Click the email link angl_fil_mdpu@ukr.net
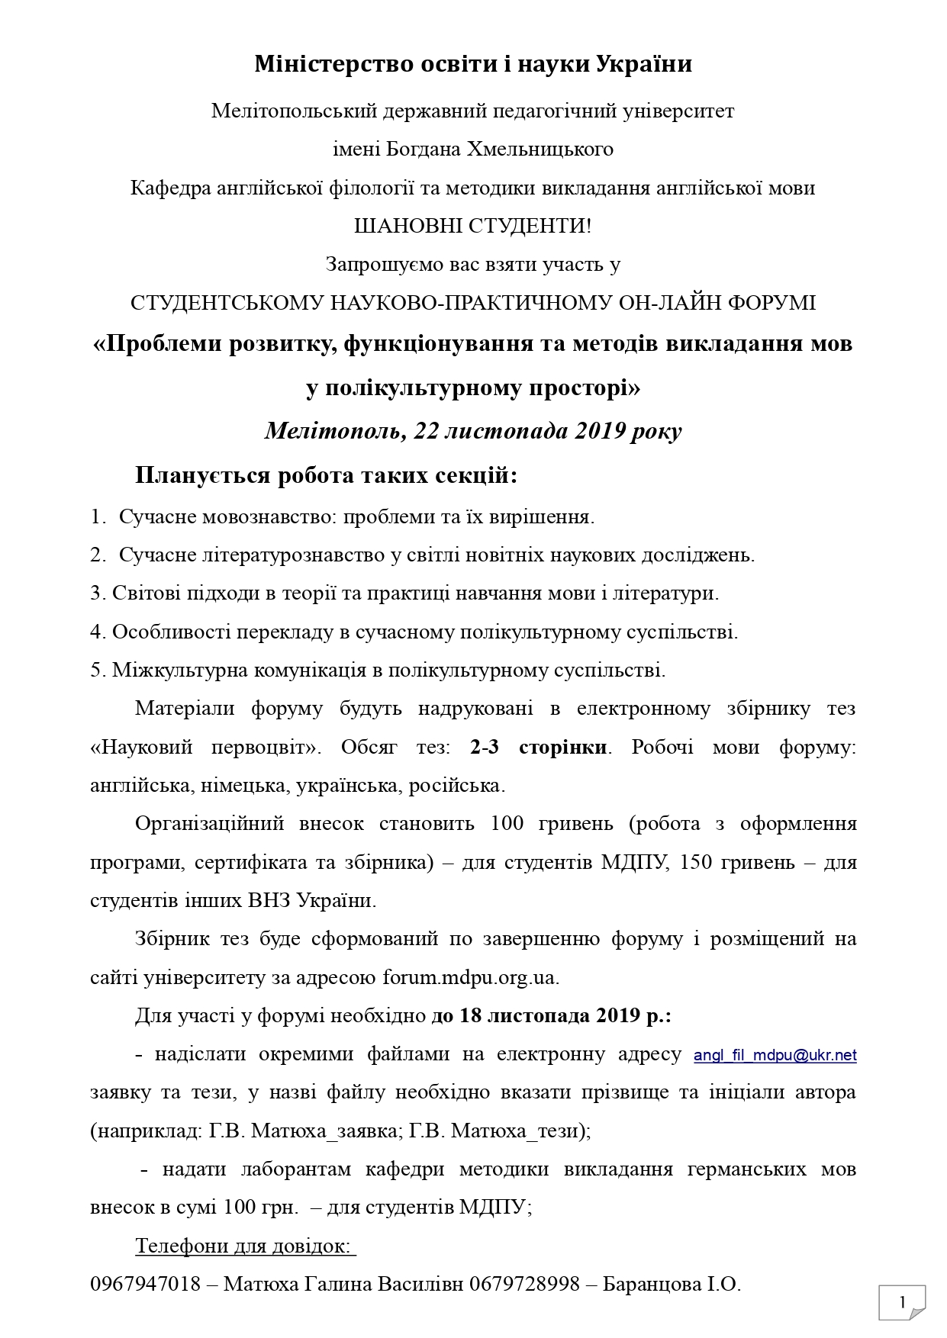pyautogui.click(x=775, y=1055)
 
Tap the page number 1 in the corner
pyautogui.click(x=902, y=1302)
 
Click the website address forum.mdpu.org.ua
pyautogui.click(x=470, y=977)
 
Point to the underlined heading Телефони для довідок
pyautogui.click(x=244, y=1246)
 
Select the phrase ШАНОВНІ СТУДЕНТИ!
pyautogui.click(x=472, y=226)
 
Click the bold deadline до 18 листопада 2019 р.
pyautogui.click(x=551, y=1016)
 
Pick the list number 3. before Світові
pyautogui.click(x=98, y=593)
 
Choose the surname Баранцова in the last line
pyautogui.click(x=650, y=1284)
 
